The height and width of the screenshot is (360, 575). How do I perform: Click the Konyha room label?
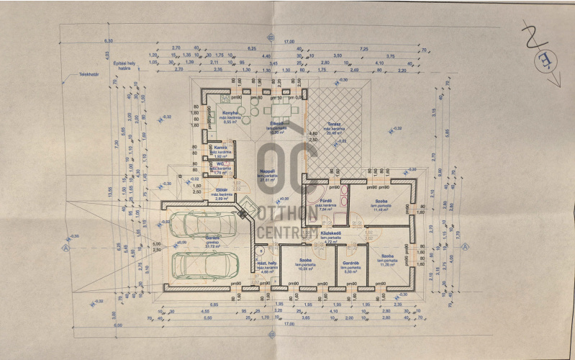point(230,114)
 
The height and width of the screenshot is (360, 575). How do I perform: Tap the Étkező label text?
point(276,125)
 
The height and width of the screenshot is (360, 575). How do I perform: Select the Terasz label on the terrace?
point(332,124)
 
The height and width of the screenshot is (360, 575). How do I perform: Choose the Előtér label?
point(222,189)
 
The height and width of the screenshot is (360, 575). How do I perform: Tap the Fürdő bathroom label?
point(325,199)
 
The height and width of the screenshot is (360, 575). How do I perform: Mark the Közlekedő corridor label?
point(331,233)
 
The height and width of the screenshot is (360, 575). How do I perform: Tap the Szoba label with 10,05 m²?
point(305,260)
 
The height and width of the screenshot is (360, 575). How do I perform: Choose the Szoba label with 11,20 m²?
point(388,256)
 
